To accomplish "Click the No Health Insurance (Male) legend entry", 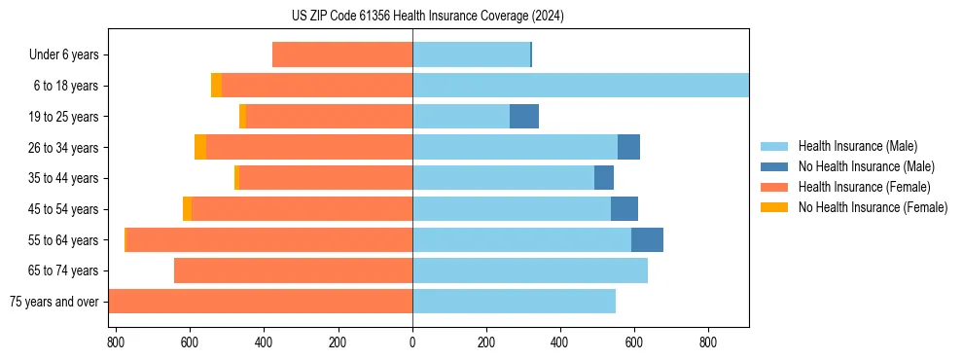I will (x=866, y=166).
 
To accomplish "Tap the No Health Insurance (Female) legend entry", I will (x=873, y=207).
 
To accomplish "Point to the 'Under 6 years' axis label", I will (x=63, y=55).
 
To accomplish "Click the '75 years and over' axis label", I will (x=53, y=302).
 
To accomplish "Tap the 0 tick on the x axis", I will (x=412, y=342).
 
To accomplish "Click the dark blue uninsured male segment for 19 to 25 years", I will (x=524, y=117).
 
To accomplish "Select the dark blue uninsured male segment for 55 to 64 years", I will (x=647, y=239).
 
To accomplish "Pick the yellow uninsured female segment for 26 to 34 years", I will (x=200, y=147).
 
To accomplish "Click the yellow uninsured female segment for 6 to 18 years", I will (x=216, y=86).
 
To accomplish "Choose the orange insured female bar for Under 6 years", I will (x=342, y=55).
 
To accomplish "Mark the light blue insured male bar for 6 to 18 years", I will (x=581, y=86).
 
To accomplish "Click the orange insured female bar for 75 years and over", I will (x=261, y=301).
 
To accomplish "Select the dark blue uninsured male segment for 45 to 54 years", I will (x=624, y=209).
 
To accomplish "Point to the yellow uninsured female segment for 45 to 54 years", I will (x=187, y=209).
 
